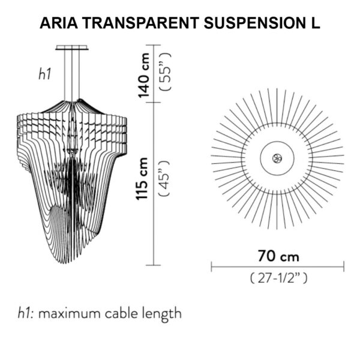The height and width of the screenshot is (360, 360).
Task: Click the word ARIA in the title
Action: click(x=59, y=23)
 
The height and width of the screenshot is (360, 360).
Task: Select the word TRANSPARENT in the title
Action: click(x=141, y=23)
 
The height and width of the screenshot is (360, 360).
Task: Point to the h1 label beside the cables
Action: click(x=44, y=74)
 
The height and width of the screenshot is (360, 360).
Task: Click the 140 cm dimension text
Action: click(x=144, y=76)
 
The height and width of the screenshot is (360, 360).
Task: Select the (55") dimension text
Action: click(x=166, y=71)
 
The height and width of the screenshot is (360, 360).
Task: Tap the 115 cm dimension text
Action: click(x=142, y=179)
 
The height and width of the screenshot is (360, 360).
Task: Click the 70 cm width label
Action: click(x=278, y=256)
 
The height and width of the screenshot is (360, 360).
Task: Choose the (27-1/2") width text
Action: click(x=278, y=278)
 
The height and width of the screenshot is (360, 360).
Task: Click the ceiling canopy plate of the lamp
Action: click(x=72, y=47)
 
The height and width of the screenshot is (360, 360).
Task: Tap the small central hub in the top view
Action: click(x=277, y=158)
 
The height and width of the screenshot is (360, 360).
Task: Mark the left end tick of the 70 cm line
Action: click(x=211, y=266)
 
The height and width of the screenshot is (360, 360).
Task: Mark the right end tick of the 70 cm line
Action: click(x=344, y=266)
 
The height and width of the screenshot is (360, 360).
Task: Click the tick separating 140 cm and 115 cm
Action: click(x=154, y=103)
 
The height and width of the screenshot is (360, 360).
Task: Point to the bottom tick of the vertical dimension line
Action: click(x=154, y=265)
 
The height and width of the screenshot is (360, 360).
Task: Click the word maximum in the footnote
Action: click(x=70, y=313)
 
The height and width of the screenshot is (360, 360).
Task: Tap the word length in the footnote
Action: click(x=161, y=315)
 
